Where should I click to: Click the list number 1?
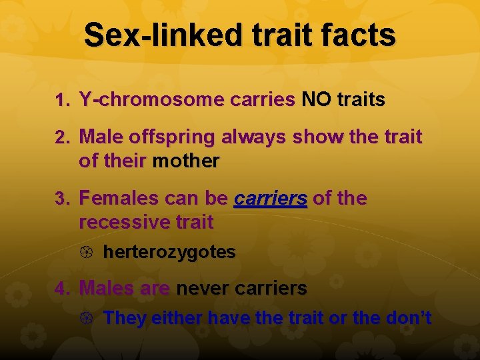63,101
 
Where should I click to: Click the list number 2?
63,138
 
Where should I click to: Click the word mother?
186,161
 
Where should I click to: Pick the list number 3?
63,199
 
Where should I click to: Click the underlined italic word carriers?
271,199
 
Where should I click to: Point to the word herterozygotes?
169,252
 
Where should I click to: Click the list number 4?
63,289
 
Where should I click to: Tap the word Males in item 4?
107,289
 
